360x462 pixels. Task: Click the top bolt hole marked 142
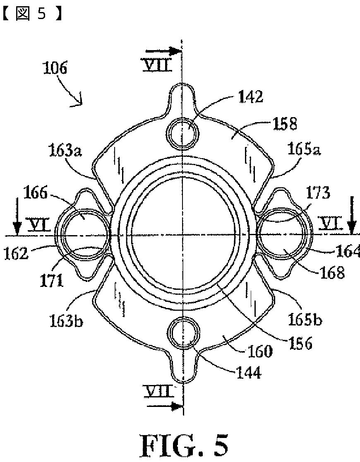click(183, 132)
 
